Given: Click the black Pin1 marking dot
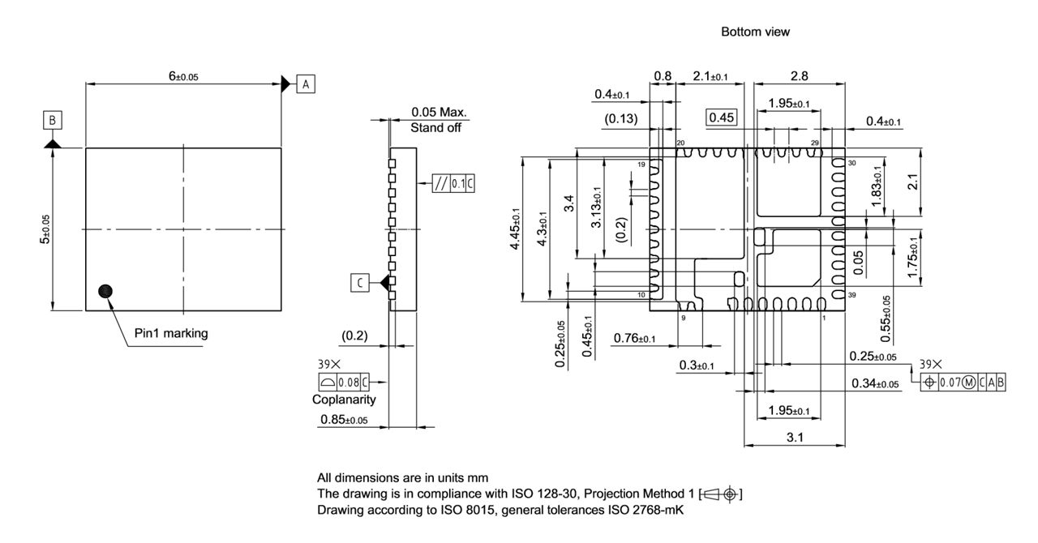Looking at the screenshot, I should pyautogui.click(x=104, y=292).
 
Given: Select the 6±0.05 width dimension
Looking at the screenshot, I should pyautogui.click(x=183, y=76).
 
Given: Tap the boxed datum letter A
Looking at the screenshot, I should pyautogui.click(x=306, y=83).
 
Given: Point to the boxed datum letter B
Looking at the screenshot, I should pyautogui.click(x=52, y=121).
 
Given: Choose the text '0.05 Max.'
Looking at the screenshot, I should pyautogui.click(x=440, y=113).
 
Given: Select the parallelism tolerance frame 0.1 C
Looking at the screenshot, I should pyautogui.click(x=453, y=184).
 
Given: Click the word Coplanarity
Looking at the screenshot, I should pyautogui.click(x=344, y=400).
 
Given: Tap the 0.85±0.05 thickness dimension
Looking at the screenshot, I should pyautogui.click(x=344, y=420).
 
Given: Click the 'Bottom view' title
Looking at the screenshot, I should pyautogui.click(x=755, y=32).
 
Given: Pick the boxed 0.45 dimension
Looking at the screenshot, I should pyautogui.click(x=721, y=118).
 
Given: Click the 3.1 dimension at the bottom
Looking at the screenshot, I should pyautogui.click(x=795, y=438).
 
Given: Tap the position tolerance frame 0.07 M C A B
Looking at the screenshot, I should pyautogui.click(x=964, y=382).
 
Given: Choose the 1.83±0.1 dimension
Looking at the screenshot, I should pyautogui.click(x=876, y=188).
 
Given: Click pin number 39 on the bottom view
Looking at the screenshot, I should pyautogui.click(x=851, y=295).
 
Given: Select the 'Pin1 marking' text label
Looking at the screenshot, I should pyautogui.click(x=171, y=333).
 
